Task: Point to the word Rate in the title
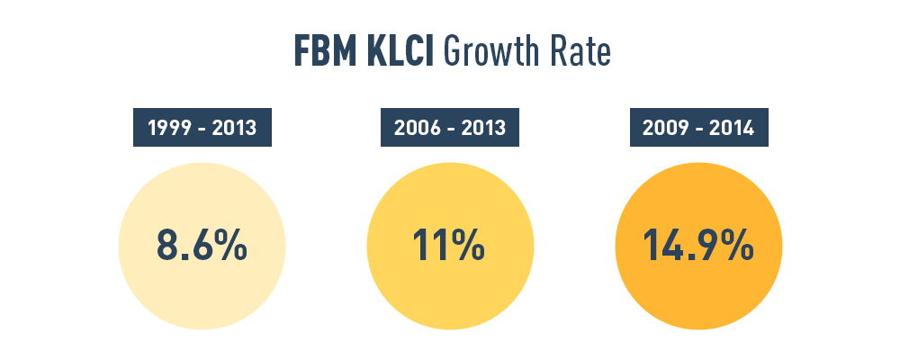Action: pos(579,53)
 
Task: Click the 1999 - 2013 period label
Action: pos(202,128)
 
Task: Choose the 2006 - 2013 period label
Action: pos(450,128)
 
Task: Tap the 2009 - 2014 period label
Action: pos(698,128)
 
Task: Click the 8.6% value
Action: pos(202,246)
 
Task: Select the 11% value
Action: pos(449,246)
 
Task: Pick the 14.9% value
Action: pos(698,246)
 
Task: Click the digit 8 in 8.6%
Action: pos(168,246)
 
